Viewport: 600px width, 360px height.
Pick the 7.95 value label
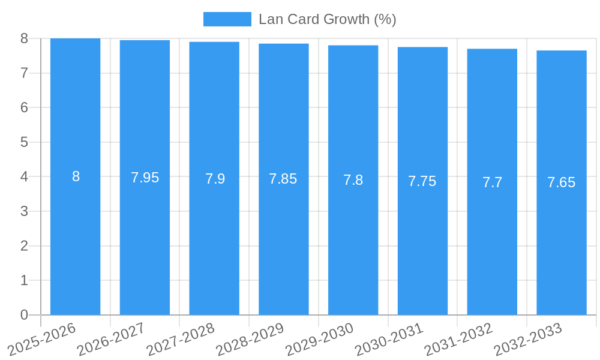pyautogui.click(x=145, y=178)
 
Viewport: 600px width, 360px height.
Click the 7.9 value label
pyautogui.click(x=215, y=179)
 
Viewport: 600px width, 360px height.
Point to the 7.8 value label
pyautogui.click(x=353, y=180)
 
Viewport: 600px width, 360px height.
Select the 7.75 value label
pyautogui.click(x=422, y=181)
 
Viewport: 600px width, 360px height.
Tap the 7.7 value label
pyautogui.click(x=492, y=182)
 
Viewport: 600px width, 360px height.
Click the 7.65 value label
pyautogui.click(x=561, y=182)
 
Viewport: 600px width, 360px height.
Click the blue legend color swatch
pyautogui.click(x=227, y=19)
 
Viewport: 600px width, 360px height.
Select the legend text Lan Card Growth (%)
pyautogui.click(x=327, y=19)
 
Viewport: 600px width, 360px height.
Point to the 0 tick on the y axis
pyautogui.click(x=24, y=315)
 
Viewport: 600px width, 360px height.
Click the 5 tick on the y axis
pyautogui.click(x=24, y=142)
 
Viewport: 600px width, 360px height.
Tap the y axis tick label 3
pyautogui.click(x=24, y=211)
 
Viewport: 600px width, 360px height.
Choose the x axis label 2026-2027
pyautogui.click(x=111, y=340)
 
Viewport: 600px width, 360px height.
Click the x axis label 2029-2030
pyautogui.click(x=319, y=340)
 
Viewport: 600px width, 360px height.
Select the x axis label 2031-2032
pyautogui.click(x=458, y=340)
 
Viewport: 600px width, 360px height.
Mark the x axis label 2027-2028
pyautogui.click(x=181, y=340)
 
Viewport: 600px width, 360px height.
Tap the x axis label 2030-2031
pyautogui.click(x=389, y=340)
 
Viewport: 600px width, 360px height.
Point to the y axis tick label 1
pyautogui.click(x=24, y=280)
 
